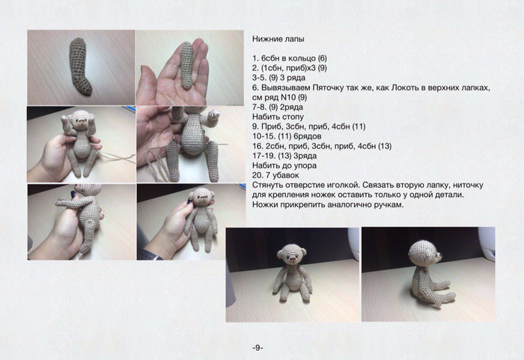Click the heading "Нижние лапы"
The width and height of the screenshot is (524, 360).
(278, 39)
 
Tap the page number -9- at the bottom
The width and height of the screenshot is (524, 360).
(258, 347)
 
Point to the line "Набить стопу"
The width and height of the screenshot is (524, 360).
(278, 117)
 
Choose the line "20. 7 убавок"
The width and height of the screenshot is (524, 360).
(275, 175)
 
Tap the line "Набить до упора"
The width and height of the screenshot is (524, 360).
(284, 165)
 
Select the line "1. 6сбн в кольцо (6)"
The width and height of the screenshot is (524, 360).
(290, 58)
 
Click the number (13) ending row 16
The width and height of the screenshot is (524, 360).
(385, 146)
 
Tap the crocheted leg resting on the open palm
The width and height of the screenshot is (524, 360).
(187, 66)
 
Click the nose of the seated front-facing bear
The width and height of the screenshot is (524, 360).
(293, 258)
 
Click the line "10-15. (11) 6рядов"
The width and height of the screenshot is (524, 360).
(287, 136)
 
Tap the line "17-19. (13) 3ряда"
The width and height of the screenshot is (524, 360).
(284, 156)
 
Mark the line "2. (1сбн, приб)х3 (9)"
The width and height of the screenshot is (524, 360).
(290, 68)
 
